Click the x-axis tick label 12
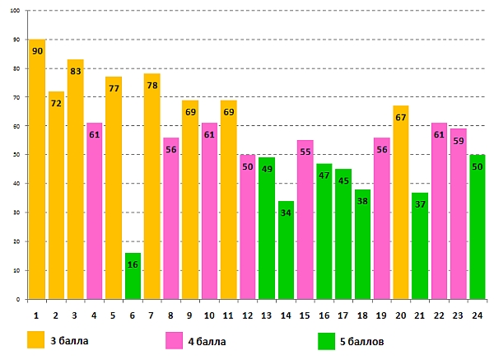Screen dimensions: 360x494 coord(248,314)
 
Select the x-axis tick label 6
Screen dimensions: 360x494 coord(133,314)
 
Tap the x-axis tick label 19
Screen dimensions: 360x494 coord(382,314)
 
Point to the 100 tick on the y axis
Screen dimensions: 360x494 coord(16,11)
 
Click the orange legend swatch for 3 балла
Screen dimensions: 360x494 coord(35,340)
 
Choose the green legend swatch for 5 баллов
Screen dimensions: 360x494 coord(328,340)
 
